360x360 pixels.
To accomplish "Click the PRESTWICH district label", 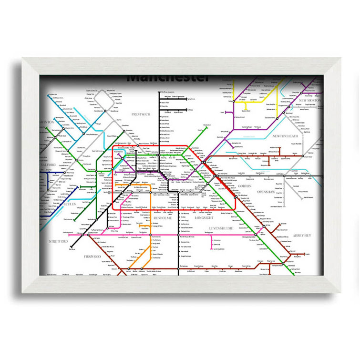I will (x=140, y=115).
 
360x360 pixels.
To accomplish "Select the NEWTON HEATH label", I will (x=286, y=136).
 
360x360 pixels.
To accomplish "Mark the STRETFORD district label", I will (x=59, y=242).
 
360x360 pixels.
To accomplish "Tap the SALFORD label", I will (x=48, y=165).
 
